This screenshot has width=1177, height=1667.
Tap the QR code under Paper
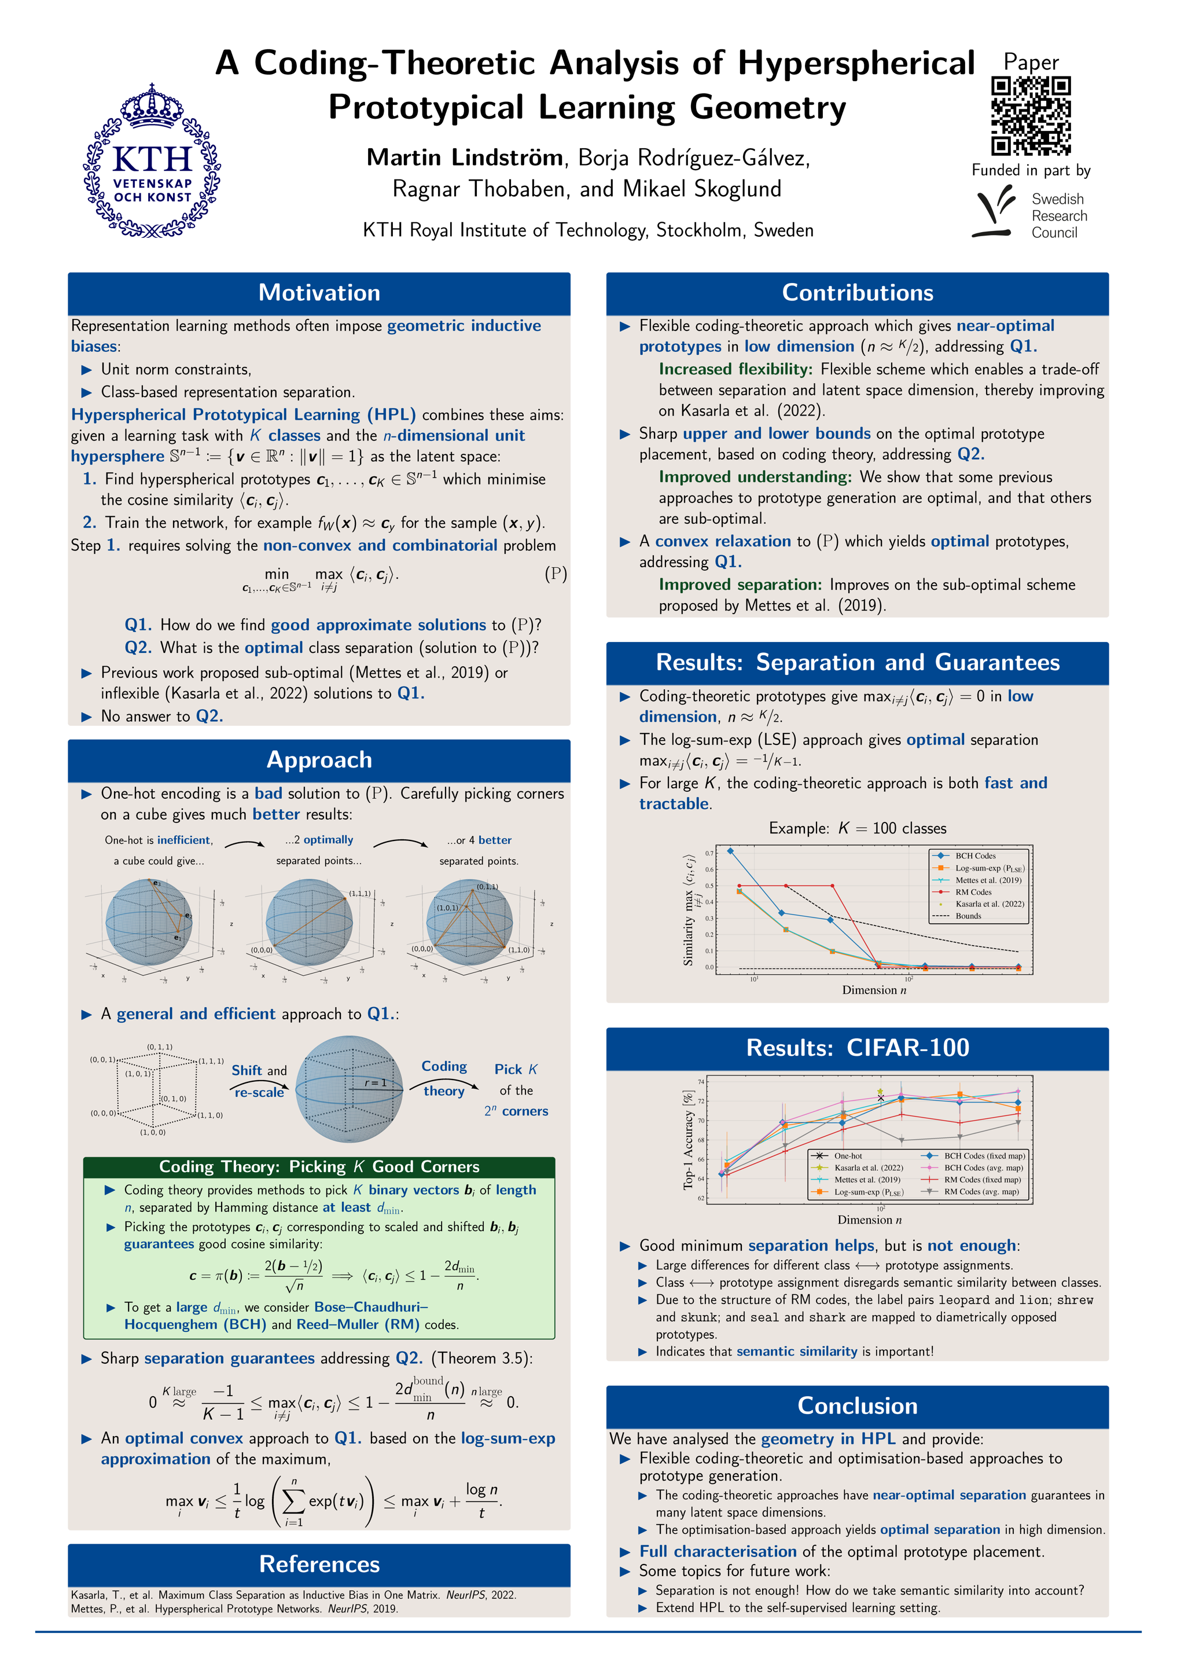point(1031,116)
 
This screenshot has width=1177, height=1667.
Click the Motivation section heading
point(319,293)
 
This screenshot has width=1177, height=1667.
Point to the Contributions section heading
point(857,293)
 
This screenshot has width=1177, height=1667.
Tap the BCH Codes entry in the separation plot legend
point(974,856)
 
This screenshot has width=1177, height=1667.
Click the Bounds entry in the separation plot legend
point(968,916)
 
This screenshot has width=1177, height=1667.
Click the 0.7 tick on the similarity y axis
point(709,853)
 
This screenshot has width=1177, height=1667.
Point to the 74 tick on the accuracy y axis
point(701,1082)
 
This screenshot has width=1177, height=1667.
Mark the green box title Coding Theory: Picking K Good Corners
point(319,1167)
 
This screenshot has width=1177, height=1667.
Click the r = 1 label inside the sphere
point(375,1082)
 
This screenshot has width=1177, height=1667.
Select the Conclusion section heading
point(857,1405)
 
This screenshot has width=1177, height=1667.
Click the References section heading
point(319,1564)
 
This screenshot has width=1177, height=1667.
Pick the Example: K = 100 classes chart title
point(857,828)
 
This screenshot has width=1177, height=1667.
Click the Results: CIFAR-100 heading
point(857,1048)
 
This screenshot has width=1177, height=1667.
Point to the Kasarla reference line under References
point(293,1595)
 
